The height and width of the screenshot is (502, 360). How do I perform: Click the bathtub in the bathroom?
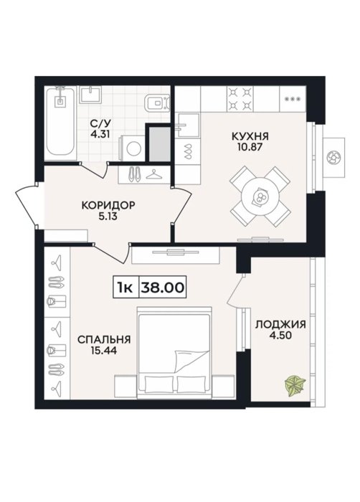point(60,123)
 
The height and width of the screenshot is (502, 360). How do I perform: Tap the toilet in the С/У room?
point(156,103)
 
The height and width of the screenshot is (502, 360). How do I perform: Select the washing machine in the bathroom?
point(132,148)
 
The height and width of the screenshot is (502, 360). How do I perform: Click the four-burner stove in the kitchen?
point(240,98)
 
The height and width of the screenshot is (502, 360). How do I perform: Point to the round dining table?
point(260,196)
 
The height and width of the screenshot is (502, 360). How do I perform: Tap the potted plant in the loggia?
point(295,386)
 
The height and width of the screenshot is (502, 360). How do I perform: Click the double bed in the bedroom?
point(174,353)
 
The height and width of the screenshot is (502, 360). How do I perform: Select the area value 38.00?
point(163,288)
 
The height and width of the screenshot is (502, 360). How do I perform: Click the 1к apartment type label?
point(125,288)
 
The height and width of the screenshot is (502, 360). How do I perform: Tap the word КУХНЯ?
point(250,137)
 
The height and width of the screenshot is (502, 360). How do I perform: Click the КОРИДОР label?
point(108,205)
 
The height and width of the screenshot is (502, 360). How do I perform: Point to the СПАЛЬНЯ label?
point(104,339)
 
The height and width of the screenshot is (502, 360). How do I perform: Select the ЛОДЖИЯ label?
point(280,324)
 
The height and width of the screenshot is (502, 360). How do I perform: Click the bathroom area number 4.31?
point(100,134)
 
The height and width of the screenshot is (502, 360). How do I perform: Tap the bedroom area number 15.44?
point(104,351)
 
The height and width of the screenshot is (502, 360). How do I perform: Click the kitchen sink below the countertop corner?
point(189,125)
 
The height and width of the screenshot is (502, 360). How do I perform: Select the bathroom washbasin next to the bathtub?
point(90,95)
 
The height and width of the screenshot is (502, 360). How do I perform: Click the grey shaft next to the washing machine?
point(160,144)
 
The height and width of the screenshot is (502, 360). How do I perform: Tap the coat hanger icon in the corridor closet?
point(154,175)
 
